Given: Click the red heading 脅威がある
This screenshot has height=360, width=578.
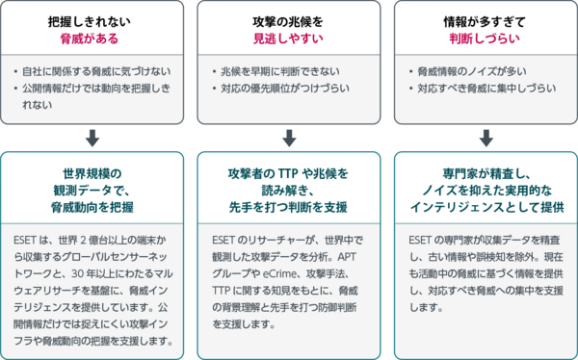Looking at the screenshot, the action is [x=90, y=39].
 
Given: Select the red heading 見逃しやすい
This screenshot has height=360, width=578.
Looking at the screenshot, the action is [x=288, y=39].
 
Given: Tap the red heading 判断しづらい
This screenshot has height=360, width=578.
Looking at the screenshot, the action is [x=485, y=39].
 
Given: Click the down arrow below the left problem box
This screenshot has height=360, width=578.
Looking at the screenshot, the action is [x=92, y=138].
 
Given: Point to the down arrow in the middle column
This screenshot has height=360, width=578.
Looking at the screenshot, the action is [x=289, y=138].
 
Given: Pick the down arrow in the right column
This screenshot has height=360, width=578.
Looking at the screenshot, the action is [x=486, y=138].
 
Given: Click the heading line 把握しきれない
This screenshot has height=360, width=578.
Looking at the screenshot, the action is [x=90, y=22].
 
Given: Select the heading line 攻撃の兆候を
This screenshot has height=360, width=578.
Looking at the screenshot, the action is [x=288, y=22].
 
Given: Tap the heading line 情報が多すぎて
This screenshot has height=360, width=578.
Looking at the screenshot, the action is [x=485, y=22].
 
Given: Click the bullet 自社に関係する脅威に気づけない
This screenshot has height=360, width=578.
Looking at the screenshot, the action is [x=96, y=71].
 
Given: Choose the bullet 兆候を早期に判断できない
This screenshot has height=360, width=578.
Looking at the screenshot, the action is [x=280, y=71].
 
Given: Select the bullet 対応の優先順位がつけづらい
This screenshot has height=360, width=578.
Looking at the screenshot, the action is [x=285, y=89].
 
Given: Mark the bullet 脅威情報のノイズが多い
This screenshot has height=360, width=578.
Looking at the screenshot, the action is [x=472, y=71].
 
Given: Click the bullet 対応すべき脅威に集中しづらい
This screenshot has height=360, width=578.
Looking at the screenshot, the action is [x=486, y=89].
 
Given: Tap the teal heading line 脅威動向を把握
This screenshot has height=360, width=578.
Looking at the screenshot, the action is [x=92, y=208].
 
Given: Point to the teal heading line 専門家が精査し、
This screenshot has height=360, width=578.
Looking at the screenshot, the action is [x=486, y=173].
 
